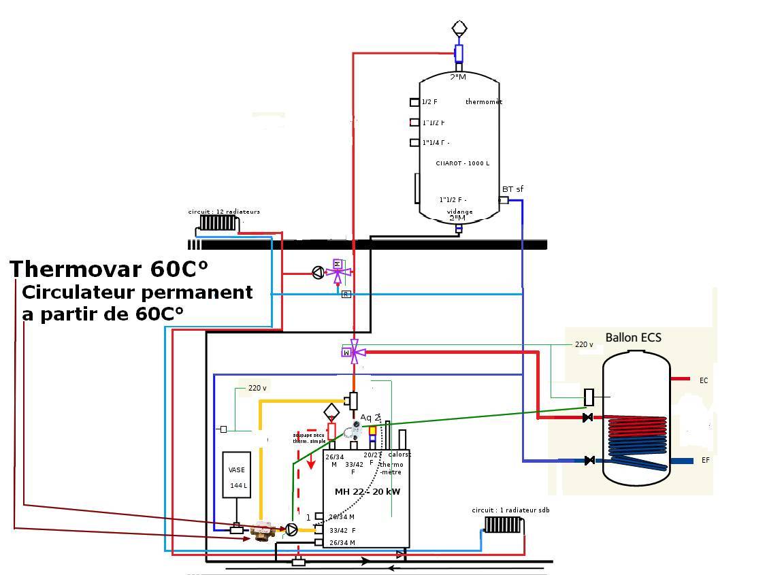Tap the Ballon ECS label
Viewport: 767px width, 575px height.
[x=633, y=338]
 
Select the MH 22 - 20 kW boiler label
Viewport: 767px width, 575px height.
[x=367, y=491]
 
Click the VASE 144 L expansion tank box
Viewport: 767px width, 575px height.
[x=238, y=476]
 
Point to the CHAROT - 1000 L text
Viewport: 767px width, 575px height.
[x=462, y=163]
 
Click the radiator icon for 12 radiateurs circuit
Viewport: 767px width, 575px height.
[x=217, y=223]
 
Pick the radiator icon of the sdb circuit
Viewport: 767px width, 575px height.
[x=502, y=525]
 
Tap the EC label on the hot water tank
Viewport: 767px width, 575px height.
[x=704, y=380]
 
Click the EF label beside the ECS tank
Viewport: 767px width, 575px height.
[x=705, y=461]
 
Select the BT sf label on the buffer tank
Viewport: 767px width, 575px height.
[x=512, y=189]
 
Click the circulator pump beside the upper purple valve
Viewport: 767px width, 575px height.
[x=317, y=274]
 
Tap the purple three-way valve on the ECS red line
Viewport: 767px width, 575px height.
[x=353, y=351]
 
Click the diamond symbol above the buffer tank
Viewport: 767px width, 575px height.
[x=459, y=29]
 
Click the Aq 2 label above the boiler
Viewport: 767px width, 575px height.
[x=370, y=418]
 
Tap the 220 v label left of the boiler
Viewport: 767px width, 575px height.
[x=257, y=388]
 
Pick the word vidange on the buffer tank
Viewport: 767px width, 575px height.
[x=459, y=212]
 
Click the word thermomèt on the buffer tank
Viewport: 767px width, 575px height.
[x=483, y=102]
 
